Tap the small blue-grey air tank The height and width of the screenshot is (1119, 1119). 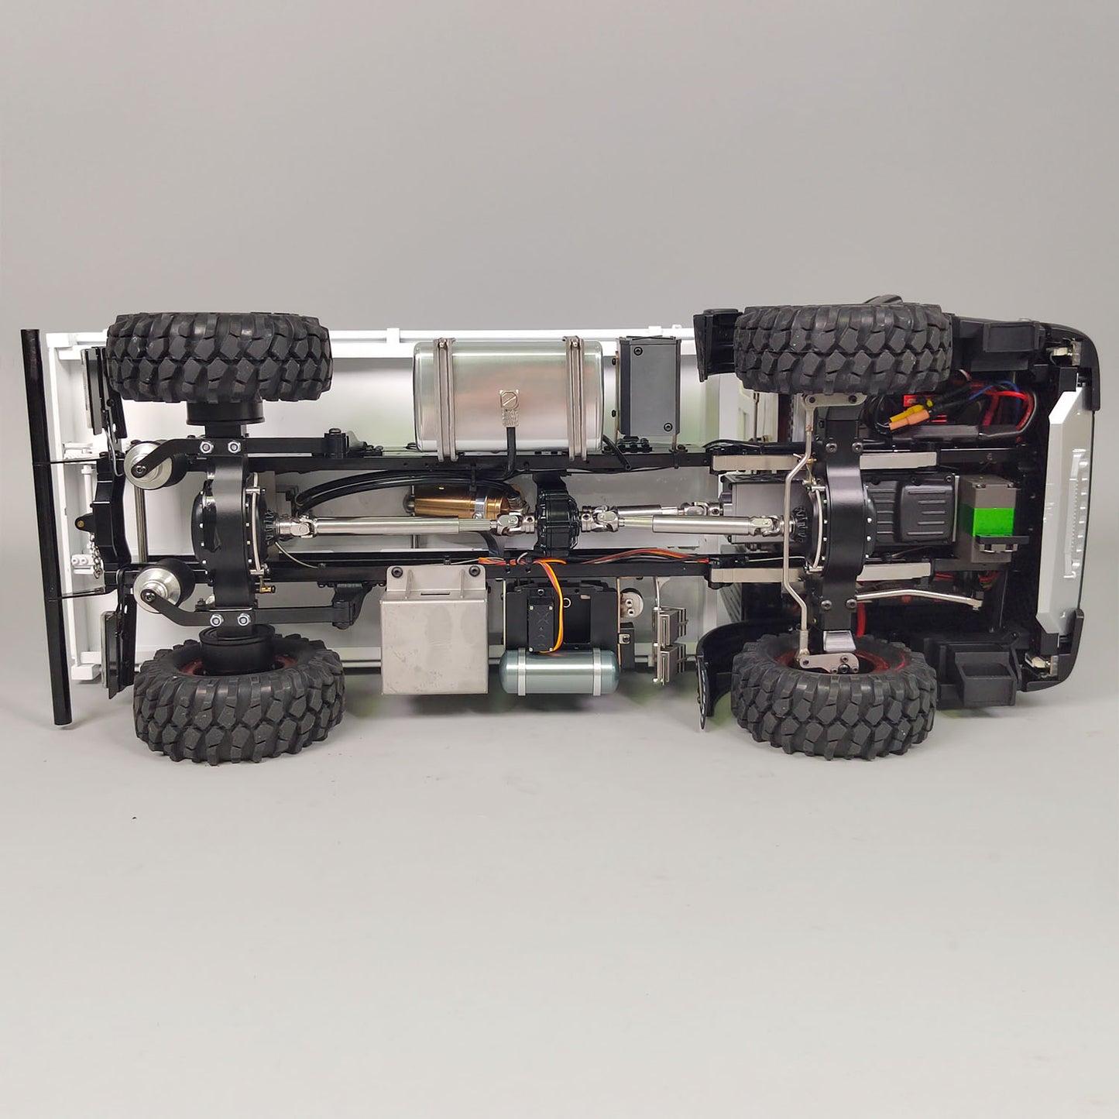coord(558,671)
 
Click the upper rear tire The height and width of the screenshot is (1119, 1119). coord(219,358)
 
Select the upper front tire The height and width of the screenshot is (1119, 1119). coord(842,349)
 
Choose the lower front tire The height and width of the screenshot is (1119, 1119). coord(834,696)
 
